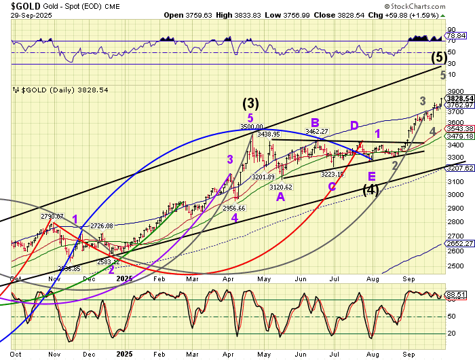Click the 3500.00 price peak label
251,126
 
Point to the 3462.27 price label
316,131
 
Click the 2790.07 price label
52,216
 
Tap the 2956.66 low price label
233,208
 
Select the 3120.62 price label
280,187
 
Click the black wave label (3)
250,104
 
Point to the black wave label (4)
370,190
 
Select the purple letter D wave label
354,125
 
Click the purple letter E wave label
372,176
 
